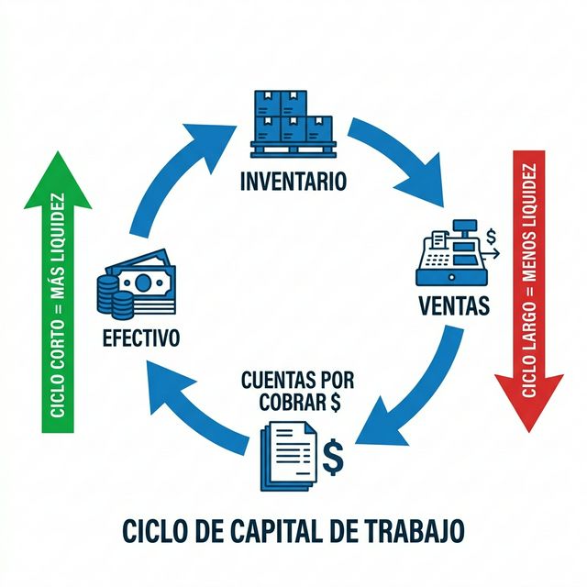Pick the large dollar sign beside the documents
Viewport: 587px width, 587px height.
tap(333, 453)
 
